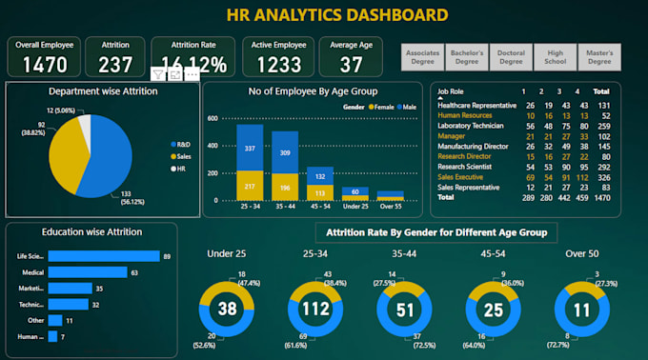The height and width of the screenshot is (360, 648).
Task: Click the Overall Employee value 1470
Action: coord(44,64)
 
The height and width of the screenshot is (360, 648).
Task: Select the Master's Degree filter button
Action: coord(598,56)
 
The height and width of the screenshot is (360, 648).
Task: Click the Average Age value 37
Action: coord(352,64)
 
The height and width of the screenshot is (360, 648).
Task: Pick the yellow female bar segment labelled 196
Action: coord(284,187)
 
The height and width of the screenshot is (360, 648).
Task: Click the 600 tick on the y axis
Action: coord(213,118)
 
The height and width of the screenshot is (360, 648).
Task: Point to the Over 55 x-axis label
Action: coord(391,207)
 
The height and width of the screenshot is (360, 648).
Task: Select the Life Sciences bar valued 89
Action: coord(103,256)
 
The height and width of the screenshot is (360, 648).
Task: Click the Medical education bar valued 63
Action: coord(87,272)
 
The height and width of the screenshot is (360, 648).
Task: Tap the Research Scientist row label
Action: coord(468,167)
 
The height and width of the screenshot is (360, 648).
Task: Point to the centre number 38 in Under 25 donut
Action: coord(226,309)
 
